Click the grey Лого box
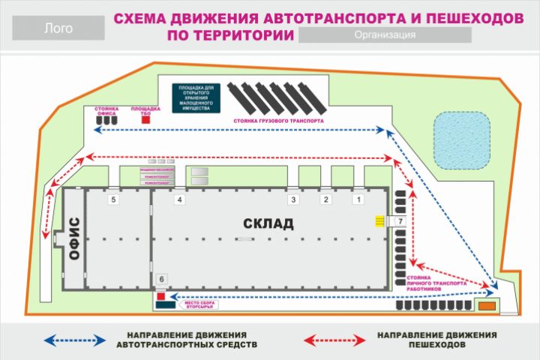pyautogui.click(x=58, y=29)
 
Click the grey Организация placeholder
pyautogui.click(x=385, y=35)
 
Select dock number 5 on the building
pyautogui.click(x=113, y=200)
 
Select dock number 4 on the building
pyautogui.click(x=179, y=200)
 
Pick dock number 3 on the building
pyautogui.click(x=294, y=200)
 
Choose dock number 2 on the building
pyautogui.click(x=325, y=200)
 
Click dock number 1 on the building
pyautogui.click(x=358, y=200)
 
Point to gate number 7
pyautogui.click(x=400, y=222)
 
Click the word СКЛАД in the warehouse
pyautogui.click(x=268, y=223)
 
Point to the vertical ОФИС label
pyautogui.click(x=74, y=238)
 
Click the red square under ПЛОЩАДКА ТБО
pyautogui.click(x=147, y=118)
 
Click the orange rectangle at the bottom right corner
pyautogui.click(x=487, y=306)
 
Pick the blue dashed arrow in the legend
pyautogui.click(x=73, y=340)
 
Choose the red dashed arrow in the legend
pyautogui.click(x=333, y=340)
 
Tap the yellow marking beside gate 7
pyautogui.click(x=379, y=222)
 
